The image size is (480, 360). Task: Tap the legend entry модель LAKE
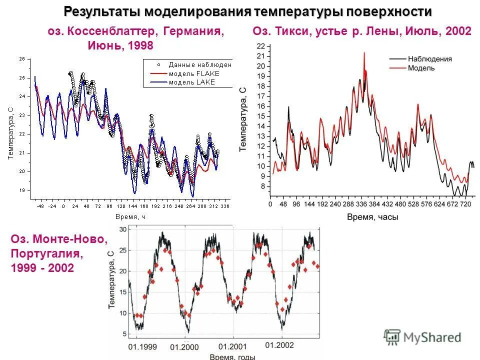[191, 82]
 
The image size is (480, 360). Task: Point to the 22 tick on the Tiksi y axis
[260, 46]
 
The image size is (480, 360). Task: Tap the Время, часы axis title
[372, 217]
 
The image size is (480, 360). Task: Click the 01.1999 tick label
[142, 346]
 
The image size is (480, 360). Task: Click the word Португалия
[46, 253]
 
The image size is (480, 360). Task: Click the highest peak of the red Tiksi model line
[364, 52]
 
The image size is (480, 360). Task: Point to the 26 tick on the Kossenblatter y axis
[21, 59]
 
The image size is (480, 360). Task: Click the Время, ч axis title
[129, 216]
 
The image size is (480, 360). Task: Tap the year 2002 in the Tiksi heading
[458, 31]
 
